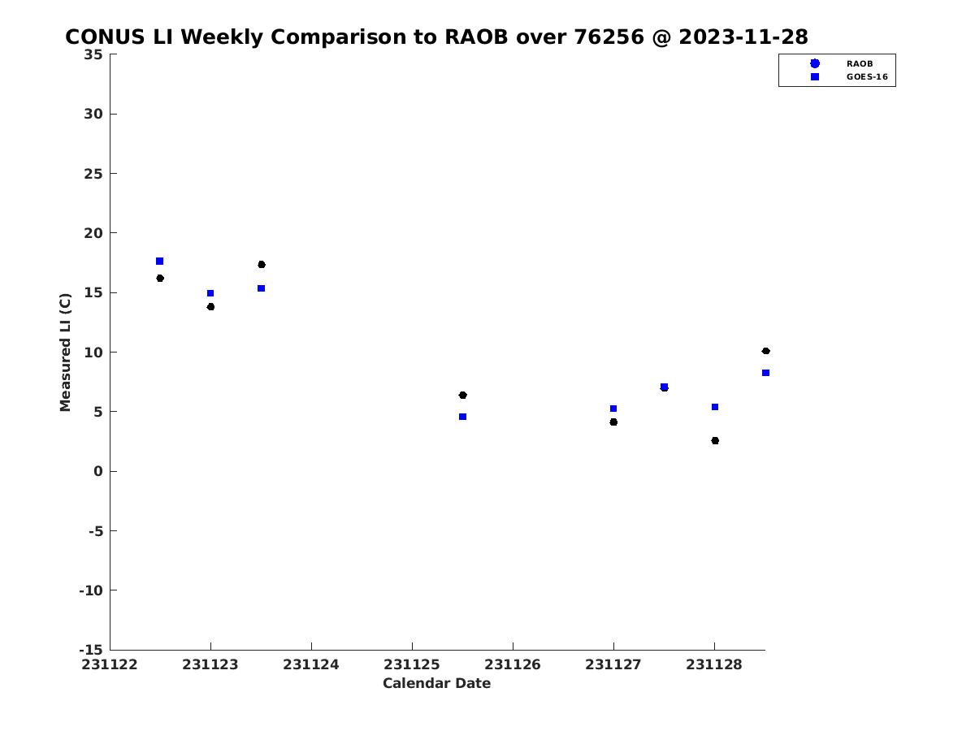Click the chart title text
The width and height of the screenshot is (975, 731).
436,37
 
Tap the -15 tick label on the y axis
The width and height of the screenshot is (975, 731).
91,651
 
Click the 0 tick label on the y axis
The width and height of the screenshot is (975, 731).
98,471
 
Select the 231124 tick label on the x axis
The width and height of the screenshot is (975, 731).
311,664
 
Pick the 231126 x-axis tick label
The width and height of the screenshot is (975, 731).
512,664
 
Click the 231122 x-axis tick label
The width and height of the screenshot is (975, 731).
109,664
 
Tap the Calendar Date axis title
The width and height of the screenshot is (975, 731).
436,683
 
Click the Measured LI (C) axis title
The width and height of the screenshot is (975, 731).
65,352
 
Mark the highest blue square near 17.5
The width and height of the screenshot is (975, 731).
159,261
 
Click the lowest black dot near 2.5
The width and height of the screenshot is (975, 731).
715,441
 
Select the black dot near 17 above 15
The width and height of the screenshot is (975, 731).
261,265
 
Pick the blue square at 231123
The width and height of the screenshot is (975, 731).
210,293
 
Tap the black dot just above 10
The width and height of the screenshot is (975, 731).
765,351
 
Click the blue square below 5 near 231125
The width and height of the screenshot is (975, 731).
462,417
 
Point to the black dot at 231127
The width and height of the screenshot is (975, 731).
613,422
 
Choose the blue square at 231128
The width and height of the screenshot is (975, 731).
715,407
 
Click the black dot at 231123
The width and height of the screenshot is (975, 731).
210,307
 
